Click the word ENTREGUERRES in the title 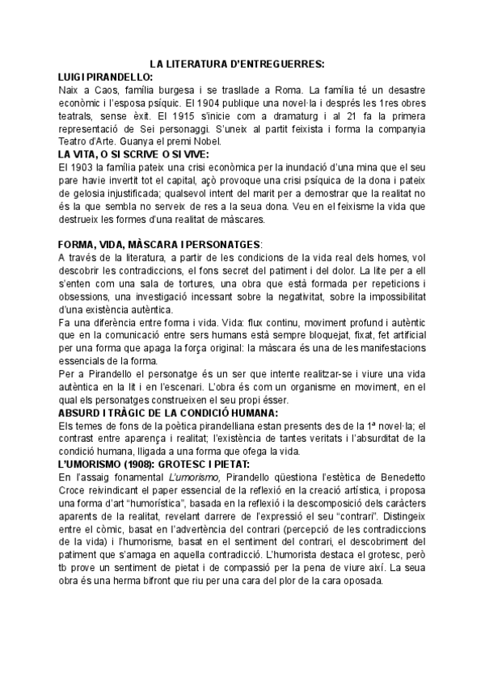pyautogui.click(x=278, y=65)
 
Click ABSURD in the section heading pyautogui.click(x=85, y=414)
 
